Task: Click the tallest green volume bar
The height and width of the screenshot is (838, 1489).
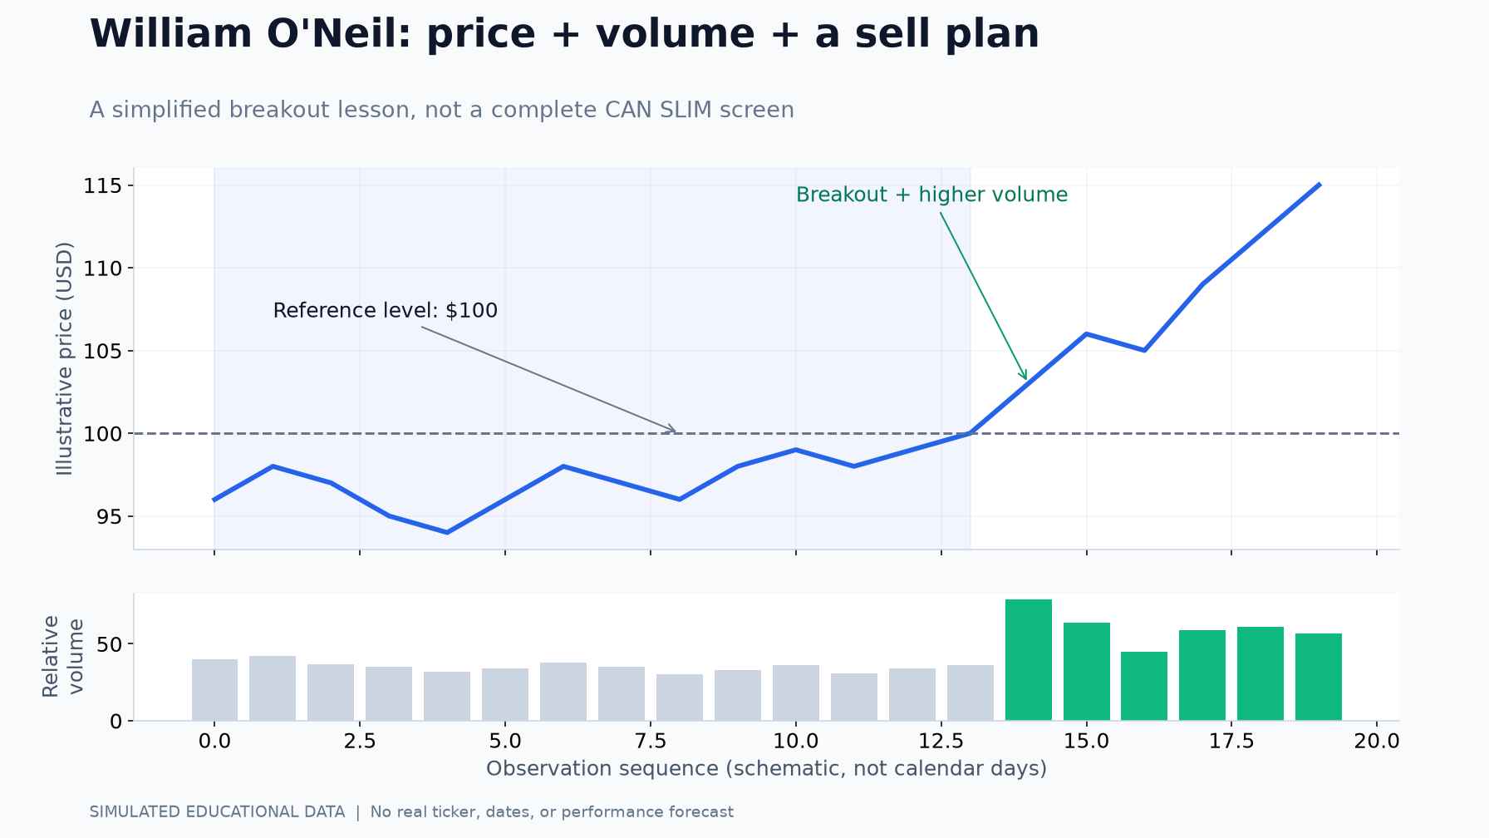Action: [1028, 660]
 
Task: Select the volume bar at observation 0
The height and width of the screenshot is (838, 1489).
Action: [214, 690]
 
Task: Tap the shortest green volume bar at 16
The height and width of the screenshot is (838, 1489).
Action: [1144, 686]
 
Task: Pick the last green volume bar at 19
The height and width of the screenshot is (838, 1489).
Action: [1319, 677]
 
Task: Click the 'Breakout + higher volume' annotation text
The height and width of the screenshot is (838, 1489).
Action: [931, 195]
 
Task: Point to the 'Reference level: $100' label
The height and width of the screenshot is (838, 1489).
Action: [386, 310]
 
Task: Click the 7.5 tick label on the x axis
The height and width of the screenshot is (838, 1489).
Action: [651, 741]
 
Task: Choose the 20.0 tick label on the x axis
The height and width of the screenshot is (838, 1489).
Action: [1377, 741]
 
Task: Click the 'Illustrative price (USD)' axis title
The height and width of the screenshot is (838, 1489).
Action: [65, 358]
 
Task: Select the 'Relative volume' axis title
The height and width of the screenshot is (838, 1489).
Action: [62, 656]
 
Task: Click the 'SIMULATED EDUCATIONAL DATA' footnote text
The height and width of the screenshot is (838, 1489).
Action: [217, 811]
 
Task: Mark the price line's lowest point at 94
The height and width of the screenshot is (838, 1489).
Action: [447, 532]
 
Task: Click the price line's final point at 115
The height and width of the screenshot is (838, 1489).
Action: [1319, 185]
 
